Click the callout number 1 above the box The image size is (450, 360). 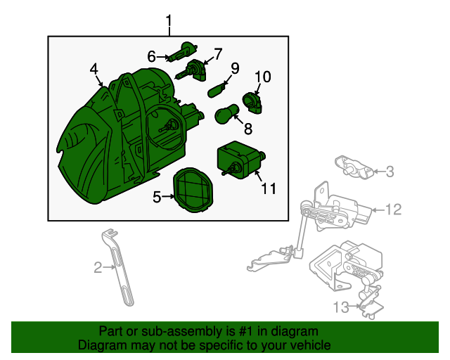[x=169, y=22]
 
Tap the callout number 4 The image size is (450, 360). [x=94, y=69]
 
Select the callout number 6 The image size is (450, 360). [x=152, y=56]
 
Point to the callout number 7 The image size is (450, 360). [x=218, y=53]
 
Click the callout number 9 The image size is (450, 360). [x=235, y=68]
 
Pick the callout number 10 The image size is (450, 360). [x=262, y=77]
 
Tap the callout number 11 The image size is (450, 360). [x=269, y=188]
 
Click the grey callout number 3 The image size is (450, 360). [x=390, y=172]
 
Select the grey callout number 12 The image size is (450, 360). [x=394, y=210]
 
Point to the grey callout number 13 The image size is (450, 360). [x=341, y=307]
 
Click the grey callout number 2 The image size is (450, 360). [x=98, y=268]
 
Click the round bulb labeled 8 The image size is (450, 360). [x=227, y=114]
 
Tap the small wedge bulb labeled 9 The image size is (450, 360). [x=216, y=91]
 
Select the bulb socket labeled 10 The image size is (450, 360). [x=252, y=103]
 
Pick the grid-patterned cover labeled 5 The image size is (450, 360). [x=193, y=190]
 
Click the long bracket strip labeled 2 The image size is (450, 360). [x=119, y=268]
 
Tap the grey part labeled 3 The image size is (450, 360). [x=354, y=167]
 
